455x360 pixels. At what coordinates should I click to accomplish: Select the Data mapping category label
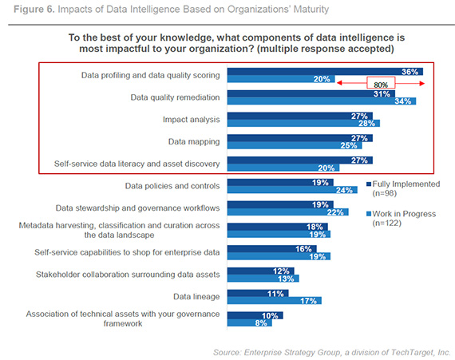point(196,141)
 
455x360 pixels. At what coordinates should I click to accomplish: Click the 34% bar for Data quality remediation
point(319,101)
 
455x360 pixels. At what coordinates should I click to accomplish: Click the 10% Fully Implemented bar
point(255,315)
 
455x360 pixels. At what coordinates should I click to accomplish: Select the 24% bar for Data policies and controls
point(292,190)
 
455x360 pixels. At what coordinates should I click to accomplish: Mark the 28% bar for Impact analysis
point(303,124)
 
